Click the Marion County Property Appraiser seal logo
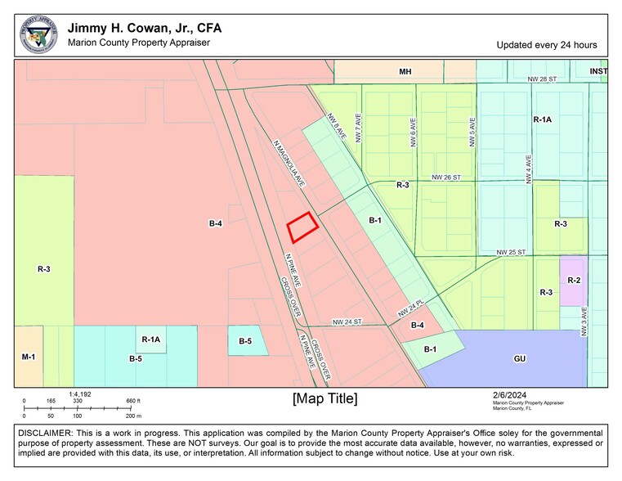[38, 35]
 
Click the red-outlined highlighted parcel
[302, 227]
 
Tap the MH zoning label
[405, 72]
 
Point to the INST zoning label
[598, 72]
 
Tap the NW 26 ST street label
[446, 177]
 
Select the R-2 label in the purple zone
[574, 281]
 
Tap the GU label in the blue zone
[520, 358]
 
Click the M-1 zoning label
[29, 357]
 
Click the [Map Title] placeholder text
[324, 398]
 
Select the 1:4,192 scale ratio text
[80, 393]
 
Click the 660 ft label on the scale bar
[133, 401]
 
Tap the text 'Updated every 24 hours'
[546, 45]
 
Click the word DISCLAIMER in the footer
[43, 431]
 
